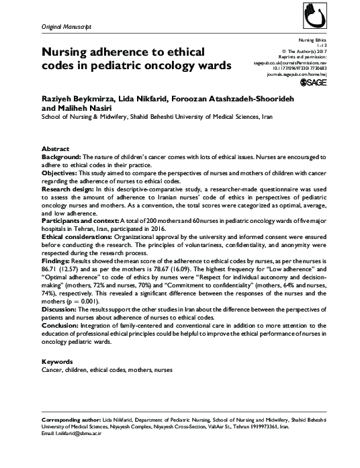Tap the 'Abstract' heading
56,148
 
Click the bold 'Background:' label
66,156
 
